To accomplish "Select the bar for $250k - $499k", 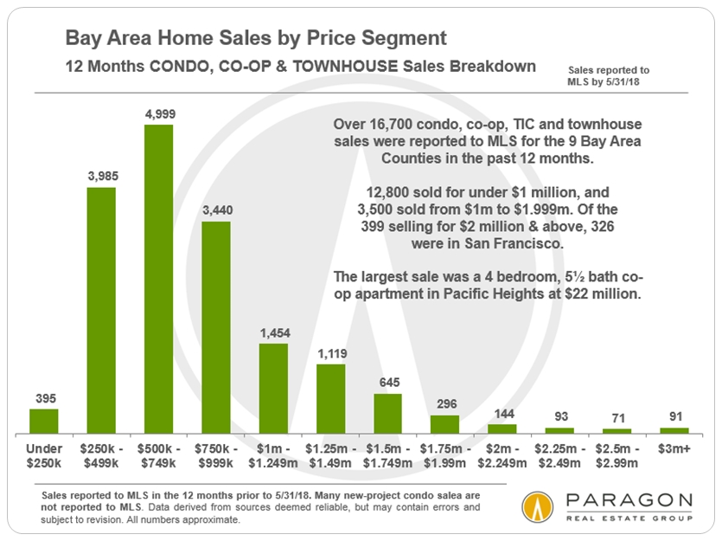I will (x=101, y=310).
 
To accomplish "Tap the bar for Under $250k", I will (x=44, y=421).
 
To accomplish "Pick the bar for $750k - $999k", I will (x=216, y=327).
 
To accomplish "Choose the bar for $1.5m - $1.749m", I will (x=387, y=414).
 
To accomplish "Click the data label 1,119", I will (x=330, y=354).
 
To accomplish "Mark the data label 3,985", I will (x=101, y=177).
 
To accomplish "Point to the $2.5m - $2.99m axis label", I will (x=617, y=456).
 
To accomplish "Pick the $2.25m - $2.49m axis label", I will (x=559, y=456).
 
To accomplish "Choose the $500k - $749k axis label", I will (x=158, y=456).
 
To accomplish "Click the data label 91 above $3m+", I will (x=674, y=417).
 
